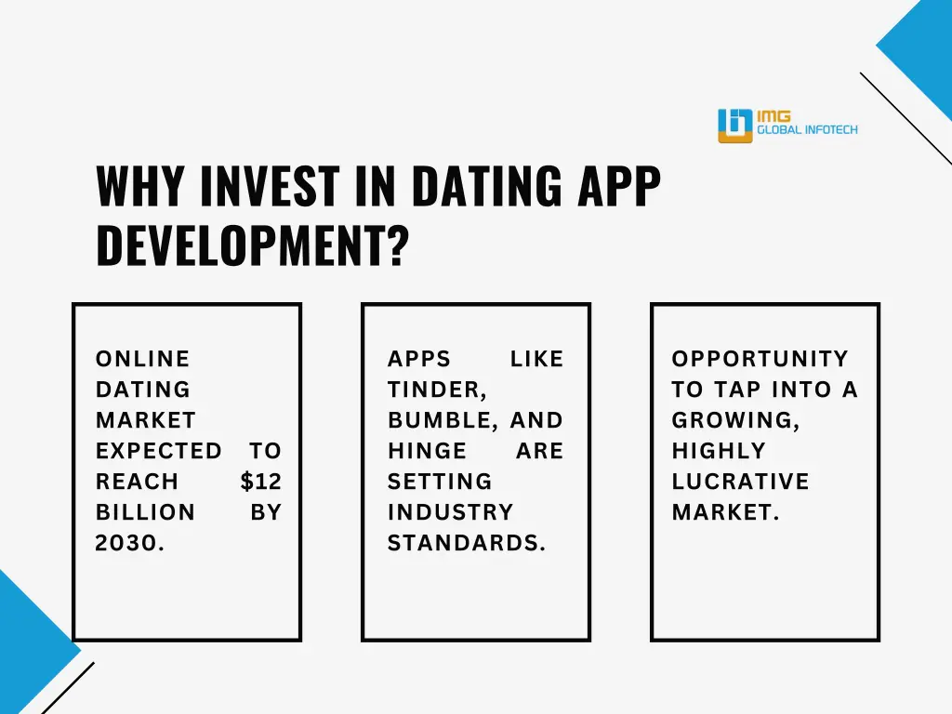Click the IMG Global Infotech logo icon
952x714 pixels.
[734, 126]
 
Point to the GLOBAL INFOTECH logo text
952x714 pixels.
[807, 131]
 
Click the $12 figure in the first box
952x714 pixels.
[260, 482]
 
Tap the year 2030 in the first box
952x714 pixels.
[130, 543]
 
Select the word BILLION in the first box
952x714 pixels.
[145, 512]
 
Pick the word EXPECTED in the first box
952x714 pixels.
[159, 451]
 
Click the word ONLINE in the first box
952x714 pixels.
[142, 359]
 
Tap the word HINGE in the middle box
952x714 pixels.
[427, 451]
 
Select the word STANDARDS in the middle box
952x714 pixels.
[466, 543]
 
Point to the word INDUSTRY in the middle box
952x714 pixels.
[450, 512]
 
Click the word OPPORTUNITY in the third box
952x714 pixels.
[760, 359]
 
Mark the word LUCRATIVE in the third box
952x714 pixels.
[740, 482]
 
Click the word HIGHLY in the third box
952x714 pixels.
[719, 451]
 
